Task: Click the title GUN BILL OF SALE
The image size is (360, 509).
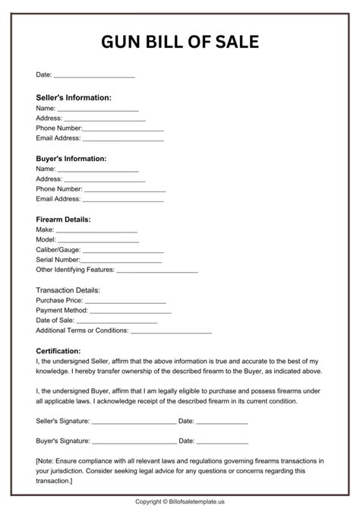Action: coord(179,41)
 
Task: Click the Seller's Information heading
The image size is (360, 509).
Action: coord(74,98)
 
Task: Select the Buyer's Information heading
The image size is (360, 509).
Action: coord(71,159)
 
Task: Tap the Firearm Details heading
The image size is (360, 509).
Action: coord(63,220)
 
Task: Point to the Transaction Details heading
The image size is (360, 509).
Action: coord(68,290)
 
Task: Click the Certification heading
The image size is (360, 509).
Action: coord(58,350)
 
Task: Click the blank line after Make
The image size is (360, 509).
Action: coord(96,231)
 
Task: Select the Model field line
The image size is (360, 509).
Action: coord(99,241)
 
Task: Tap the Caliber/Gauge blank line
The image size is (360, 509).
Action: coord(123,251)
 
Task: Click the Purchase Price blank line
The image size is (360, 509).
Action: coord(118,302)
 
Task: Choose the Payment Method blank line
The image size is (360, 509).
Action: coord(128,311)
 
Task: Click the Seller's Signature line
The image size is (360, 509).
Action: coord(134,422)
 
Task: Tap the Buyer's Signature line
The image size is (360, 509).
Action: coord(134,442)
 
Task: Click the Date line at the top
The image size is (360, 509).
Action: coord(94,77)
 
